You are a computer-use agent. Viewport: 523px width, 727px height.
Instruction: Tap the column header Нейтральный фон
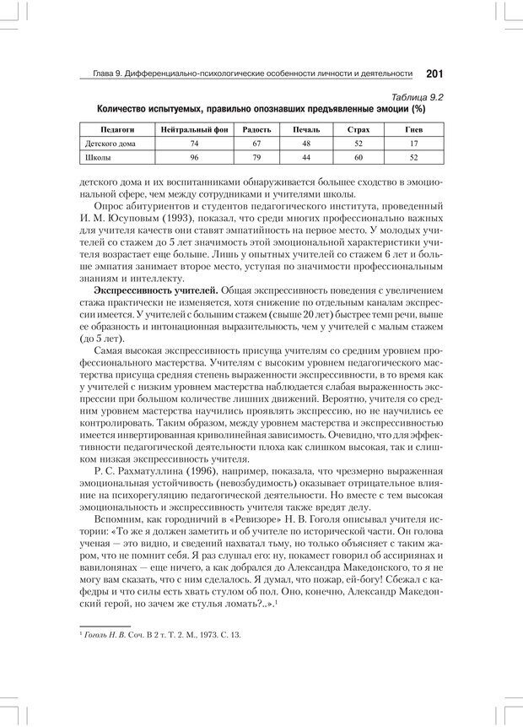(x=194, y=130)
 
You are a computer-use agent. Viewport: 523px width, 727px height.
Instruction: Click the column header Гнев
(x=413, y=130)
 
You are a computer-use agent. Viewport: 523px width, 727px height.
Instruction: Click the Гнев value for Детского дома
(x=413, y=144)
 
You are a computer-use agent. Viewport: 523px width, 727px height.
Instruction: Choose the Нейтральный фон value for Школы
(x=194, y=157)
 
